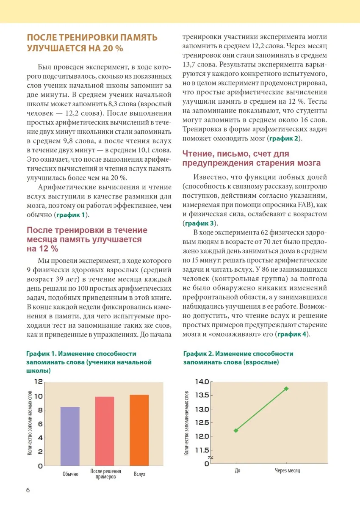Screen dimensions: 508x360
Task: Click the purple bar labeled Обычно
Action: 70,436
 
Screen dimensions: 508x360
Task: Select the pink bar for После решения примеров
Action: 105,431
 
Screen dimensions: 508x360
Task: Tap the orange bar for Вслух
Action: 139,430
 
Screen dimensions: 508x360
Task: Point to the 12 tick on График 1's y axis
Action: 39,382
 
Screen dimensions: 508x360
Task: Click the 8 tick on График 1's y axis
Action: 40,410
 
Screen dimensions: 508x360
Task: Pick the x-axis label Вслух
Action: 139,474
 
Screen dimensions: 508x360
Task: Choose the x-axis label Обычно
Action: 70,474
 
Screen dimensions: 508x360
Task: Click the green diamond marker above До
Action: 236,431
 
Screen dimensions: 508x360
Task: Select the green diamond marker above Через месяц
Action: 286,389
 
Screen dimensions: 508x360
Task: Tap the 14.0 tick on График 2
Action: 202,382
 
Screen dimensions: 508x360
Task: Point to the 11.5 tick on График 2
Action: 202,450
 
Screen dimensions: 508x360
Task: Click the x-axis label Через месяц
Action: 287,471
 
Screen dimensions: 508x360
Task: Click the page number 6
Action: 28,490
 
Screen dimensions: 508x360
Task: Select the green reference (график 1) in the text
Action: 72,215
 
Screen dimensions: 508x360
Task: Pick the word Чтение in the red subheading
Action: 198,154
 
